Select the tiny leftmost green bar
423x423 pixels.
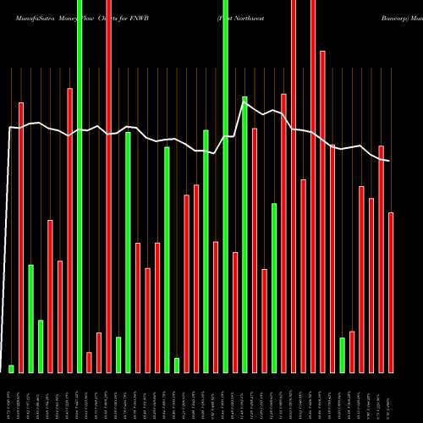pyautogui.click(x=11, y=368)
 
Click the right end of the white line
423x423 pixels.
pyautogui.click(x=388, y=161)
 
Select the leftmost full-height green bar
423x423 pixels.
pyautogui.click(x=80, y=186)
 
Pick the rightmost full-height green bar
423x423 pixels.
pyautogui.click(x=225, y=186)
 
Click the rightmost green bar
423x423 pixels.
pyautogui.click(x=342, y=354)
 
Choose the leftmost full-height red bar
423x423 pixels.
pyautogui.click(x=108, y=186)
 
